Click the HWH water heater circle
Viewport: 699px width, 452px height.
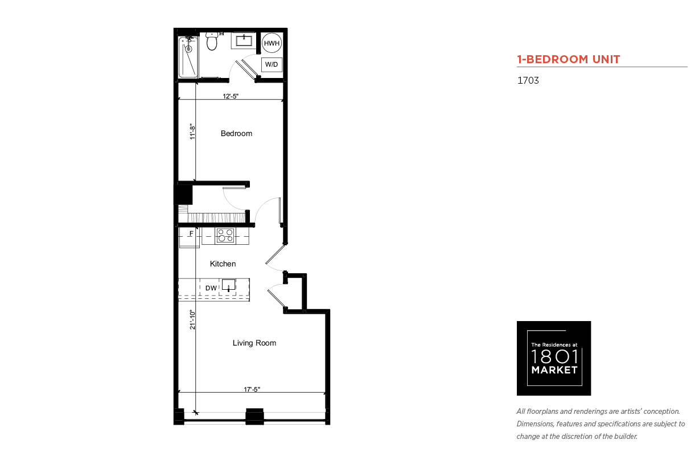(x=272, y=43)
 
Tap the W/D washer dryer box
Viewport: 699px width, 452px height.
(x=272, y=65)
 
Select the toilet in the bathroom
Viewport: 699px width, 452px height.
(x=212, y=41)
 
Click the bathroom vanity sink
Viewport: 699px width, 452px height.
(x=244, y=41)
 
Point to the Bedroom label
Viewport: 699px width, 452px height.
(x=237, y=134)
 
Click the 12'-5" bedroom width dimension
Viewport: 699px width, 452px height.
(x=231, y=96)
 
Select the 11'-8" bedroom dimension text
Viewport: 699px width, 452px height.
(x=192, y=132)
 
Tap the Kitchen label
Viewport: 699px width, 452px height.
(x=223, y=264)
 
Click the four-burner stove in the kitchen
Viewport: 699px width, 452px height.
(x=225, y=236)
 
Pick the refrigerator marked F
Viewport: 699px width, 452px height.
(x=190, y=237)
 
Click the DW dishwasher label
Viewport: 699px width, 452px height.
(x=211, y=288)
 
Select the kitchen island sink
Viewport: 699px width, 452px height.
(x=229, y=285)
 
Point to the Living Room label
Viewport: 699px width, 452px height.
(x=254, y=343)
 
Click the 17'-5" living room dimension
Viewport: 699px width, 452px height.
(x=252, y=389)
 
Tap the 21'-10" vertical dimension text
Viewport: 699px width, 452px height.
(x=192, y=319)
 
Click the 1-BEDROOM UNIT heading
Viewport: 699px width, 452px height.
(x=568, y=59)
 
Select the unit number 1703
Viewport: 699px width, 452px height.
(x=528, y=80)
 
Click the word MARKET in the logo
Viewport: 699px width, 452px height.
(x=554, y=370)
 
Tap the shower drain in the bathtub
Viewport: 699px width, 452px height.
(x=188, y=49)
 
